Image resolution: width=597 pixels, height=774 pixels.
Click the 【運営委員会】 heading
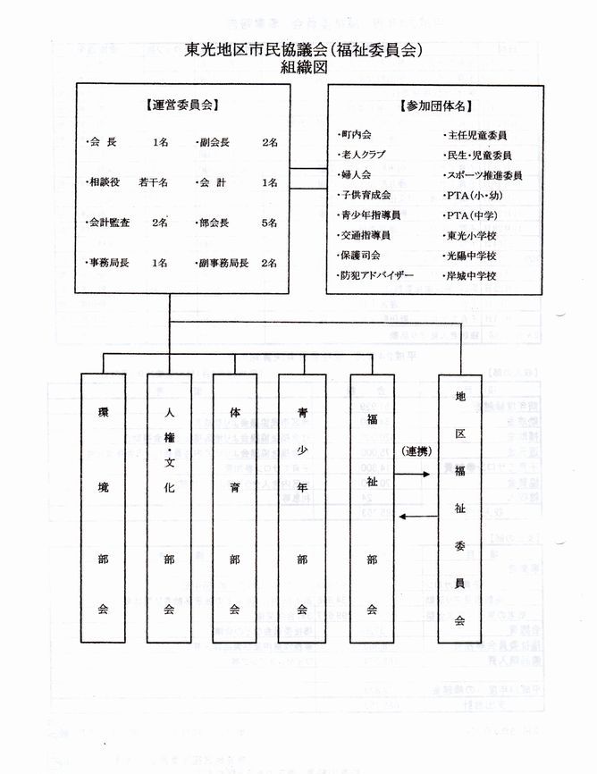[182, 105]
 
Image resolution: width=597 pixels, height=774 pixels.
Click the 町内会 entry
[355, 135]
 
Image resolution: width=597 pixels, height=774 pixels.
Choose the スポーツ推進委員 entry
[483, 175]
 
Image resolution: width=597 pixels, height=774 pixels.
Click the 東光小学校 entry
[471, 236]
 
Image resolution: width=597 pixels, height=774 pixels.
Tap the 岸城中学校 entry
[471, 276]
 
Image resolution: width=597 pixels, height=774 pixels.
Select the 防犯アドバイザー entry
[376, 276]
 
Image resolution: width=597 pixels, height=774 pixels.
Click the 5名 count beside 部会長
[269, 223]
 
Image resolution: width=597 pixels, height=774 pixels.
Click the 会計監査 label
[108, 223]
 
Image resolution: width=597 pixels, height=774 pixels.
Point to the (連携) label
[416, 450]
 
